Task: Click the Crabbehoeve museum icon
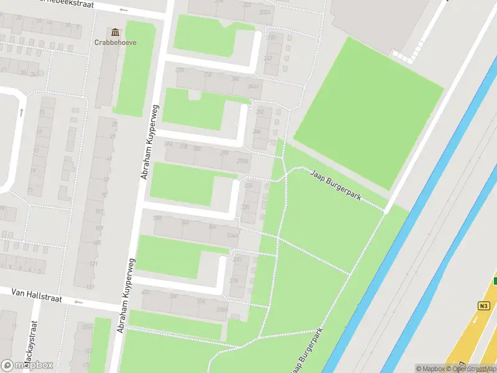pyautogui.click(x=115, y=32)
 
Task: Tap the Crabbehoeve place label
pyautogui.click(x=115, y=43)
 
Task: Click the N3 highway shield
pyautogui.click(x=484, y=305)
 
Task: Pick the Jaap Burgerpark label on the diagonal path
pyautogui.click(x=335, y=186)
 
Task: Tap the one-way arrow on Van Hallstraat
pyautogui.click(x=78, y=303)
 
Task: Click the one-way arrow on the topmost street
pyautogui.click(x=124, y=9)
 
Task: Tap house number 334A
pyautogui.click(x=232, y=235)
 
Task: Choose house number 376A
pyautogui.click(x=221, y=309)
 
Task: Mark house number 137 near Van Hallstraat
pyautogui.click(x=90, y=287)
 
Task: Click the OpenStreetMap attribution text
pyautogui.click(x=473, y=369)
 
